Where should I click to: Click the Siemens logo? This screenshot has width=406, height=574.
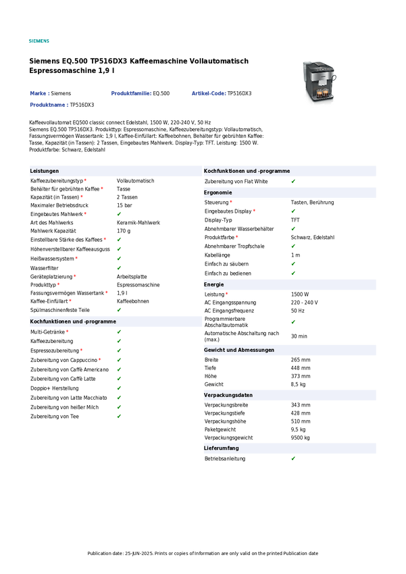39,41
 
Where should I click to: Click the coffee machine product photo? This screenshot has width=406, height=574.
320,84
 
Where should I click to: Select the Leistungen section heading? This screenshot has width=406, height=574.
45,172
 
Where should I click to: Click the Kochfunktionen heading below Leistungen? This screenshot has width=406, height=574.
73,322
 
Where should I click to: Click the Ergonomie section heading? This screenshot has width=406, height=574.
218,193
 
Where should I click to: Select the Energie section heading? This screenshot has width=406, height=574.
213,285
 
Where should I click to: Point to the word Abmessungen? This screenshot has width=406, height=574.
256,350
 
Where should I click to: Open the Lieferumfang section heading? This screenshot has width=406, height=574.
221,448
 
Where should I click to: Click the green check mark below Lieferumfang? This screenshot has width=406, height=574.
293,459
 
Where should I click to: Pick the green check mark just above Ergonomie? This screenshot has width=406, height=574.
293,182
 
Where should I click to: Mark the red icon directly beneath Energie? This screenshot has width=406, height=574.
227,294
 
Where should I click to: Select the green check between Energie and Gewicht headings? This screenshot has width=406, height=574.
293,322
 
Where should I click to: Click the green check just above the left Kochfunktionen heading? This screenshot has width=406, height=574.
119,310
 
